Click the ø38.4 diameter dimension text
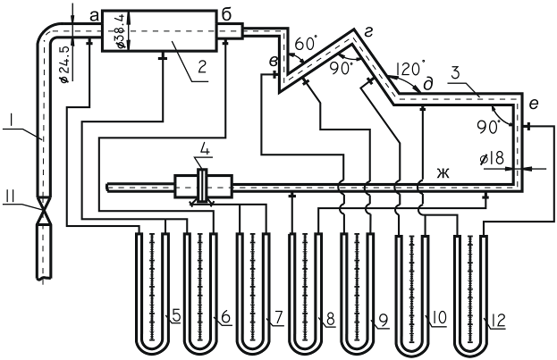[121, 30]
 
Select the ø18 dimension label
[491, 158]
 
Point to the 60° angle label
[306, 44]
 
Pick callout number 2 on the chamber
[202, 67]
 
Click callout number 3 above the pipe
[455, 72]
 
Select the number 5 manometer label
[176, 316]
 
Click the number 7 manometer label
[279, 318]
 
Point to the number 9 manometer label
[384, 321]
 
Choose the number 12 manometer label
[498, 321]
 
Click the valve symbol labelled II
[44, 210]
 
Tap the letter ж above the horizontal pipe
[443, 173]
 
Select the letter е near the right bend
[534, 104]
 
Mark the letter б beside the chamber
[226, 14]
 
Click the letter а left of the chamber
[94, 16]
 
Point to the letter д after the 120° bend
[428, 85]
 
